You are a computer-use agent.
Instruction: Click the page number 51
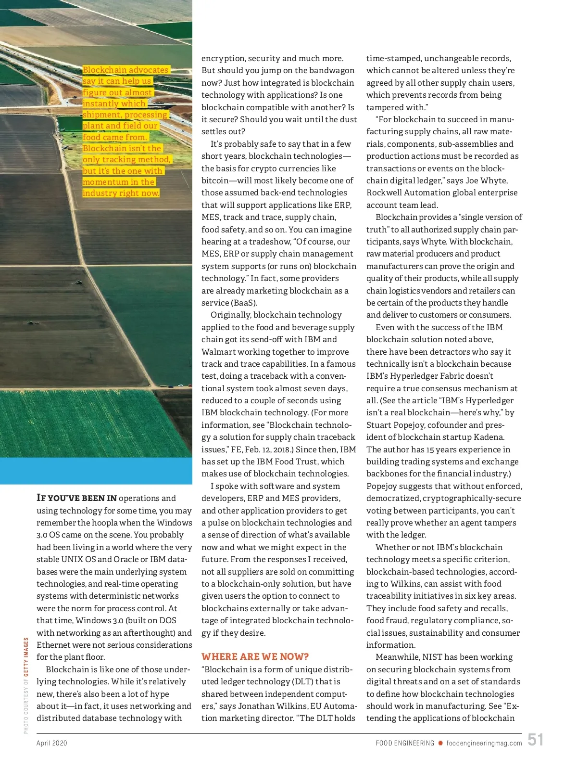(535, 739)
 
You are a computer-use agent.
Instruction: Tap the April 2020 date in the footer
(52, 743)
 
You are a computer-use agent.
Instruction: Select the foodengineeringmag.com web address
(484, 743)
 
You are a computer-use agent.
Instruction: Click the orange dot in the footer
(440, 743)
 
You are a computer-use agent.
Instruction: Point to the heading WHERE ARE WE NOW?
(255, 657)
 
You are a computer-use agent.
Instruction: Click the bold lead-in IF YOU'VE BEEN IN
(76, 498)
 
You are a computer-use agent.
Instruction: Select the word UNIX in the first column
(72, 559)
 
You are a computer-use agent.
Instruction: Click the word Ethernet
(54, 645)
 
